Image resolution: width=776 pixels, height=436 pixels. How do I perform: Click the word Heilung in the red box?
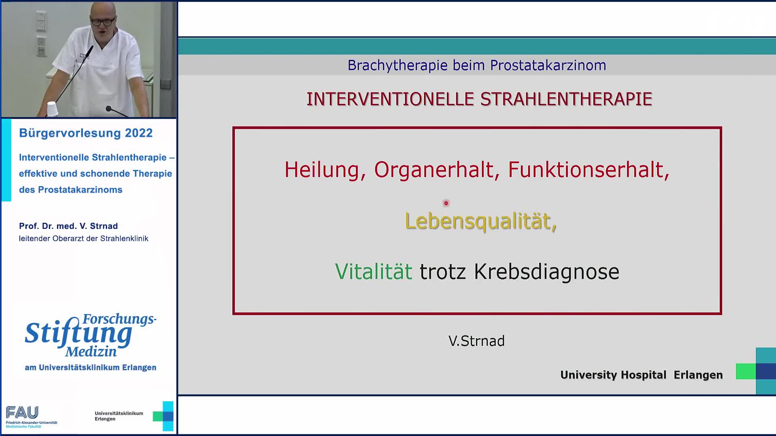click(x=321, y=170)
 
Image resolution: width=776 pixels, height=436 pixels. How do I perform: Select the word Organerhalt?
click(x=434, y=170)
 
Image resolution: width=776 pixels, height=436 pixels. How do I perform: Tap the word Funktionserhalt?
click(x=586, y=170)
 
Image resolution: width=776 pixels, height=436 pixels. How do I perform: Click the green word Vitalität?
click(x=373, y=271)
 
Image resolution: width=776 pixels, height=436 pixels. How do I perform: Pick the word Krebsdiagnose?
click(x=546, y=271)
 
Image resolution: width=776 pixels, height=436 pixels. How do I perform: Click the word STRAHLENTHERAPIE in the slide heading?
click(x=566, y=99)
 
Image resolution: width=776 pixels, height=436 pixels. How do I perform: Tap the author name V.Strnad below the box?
click(x=477, y=341)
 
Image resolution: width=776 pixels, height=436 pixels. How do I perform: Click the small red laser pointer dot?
click(x=446, y=203)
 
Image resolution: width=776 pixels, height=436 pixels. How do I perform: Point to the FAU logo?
click(x=22, y=413)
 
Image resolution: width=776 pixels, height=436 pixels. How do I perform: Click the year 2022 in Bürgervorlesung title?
click(x=139, y=133)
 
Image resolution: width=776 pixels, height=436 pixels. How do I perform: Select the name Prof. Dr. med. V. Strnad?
click(x=68, y=226)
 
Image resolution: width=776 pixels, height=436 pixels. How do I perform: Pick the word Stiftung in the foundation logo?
click(x=78, y=333)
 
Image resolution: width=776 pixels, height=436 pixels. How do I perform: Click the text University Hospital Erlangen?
click(x=641, y=375)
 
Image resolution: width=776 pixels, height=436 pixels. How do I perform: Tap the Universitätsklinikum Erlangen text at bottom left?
click(x=119, y=416)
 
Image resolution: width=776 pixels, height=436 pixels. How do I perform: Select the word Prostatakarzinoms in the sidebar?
click(x=80, y=190)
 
